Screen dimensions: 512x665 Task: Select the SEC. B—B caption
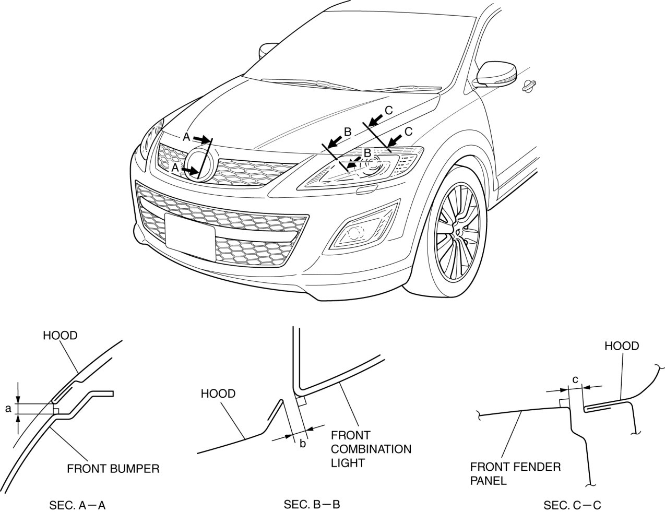(312, 505)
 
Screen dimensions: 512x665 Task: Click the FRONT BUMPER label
(113, 468)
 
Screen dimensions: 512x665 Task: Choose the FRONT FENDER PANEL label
(515, 473)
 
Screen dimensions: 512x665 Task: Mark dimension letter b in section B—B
(303, 444)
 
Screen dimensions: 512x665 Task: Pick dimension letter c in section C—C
(575, 379)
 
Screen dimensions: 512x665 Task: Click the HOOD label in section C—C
(621, 346)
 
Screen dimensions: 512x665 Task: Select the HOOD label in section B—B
(218, 394)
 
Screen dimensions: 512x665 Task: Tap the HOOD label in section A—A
(60, 336)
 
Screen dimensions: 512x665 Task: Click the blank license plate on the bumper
(189, 236)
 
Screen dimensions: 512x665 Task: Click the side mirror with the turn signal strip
(496, 74)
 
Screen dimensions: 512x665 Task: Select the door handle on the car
(528, 85)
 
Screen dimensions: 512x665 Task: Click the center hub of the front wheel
(458, 230)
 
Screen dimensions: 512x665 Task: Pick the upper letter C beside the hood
(388, 110)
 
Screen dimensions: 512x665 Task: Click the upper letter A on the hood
(186, 137)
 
